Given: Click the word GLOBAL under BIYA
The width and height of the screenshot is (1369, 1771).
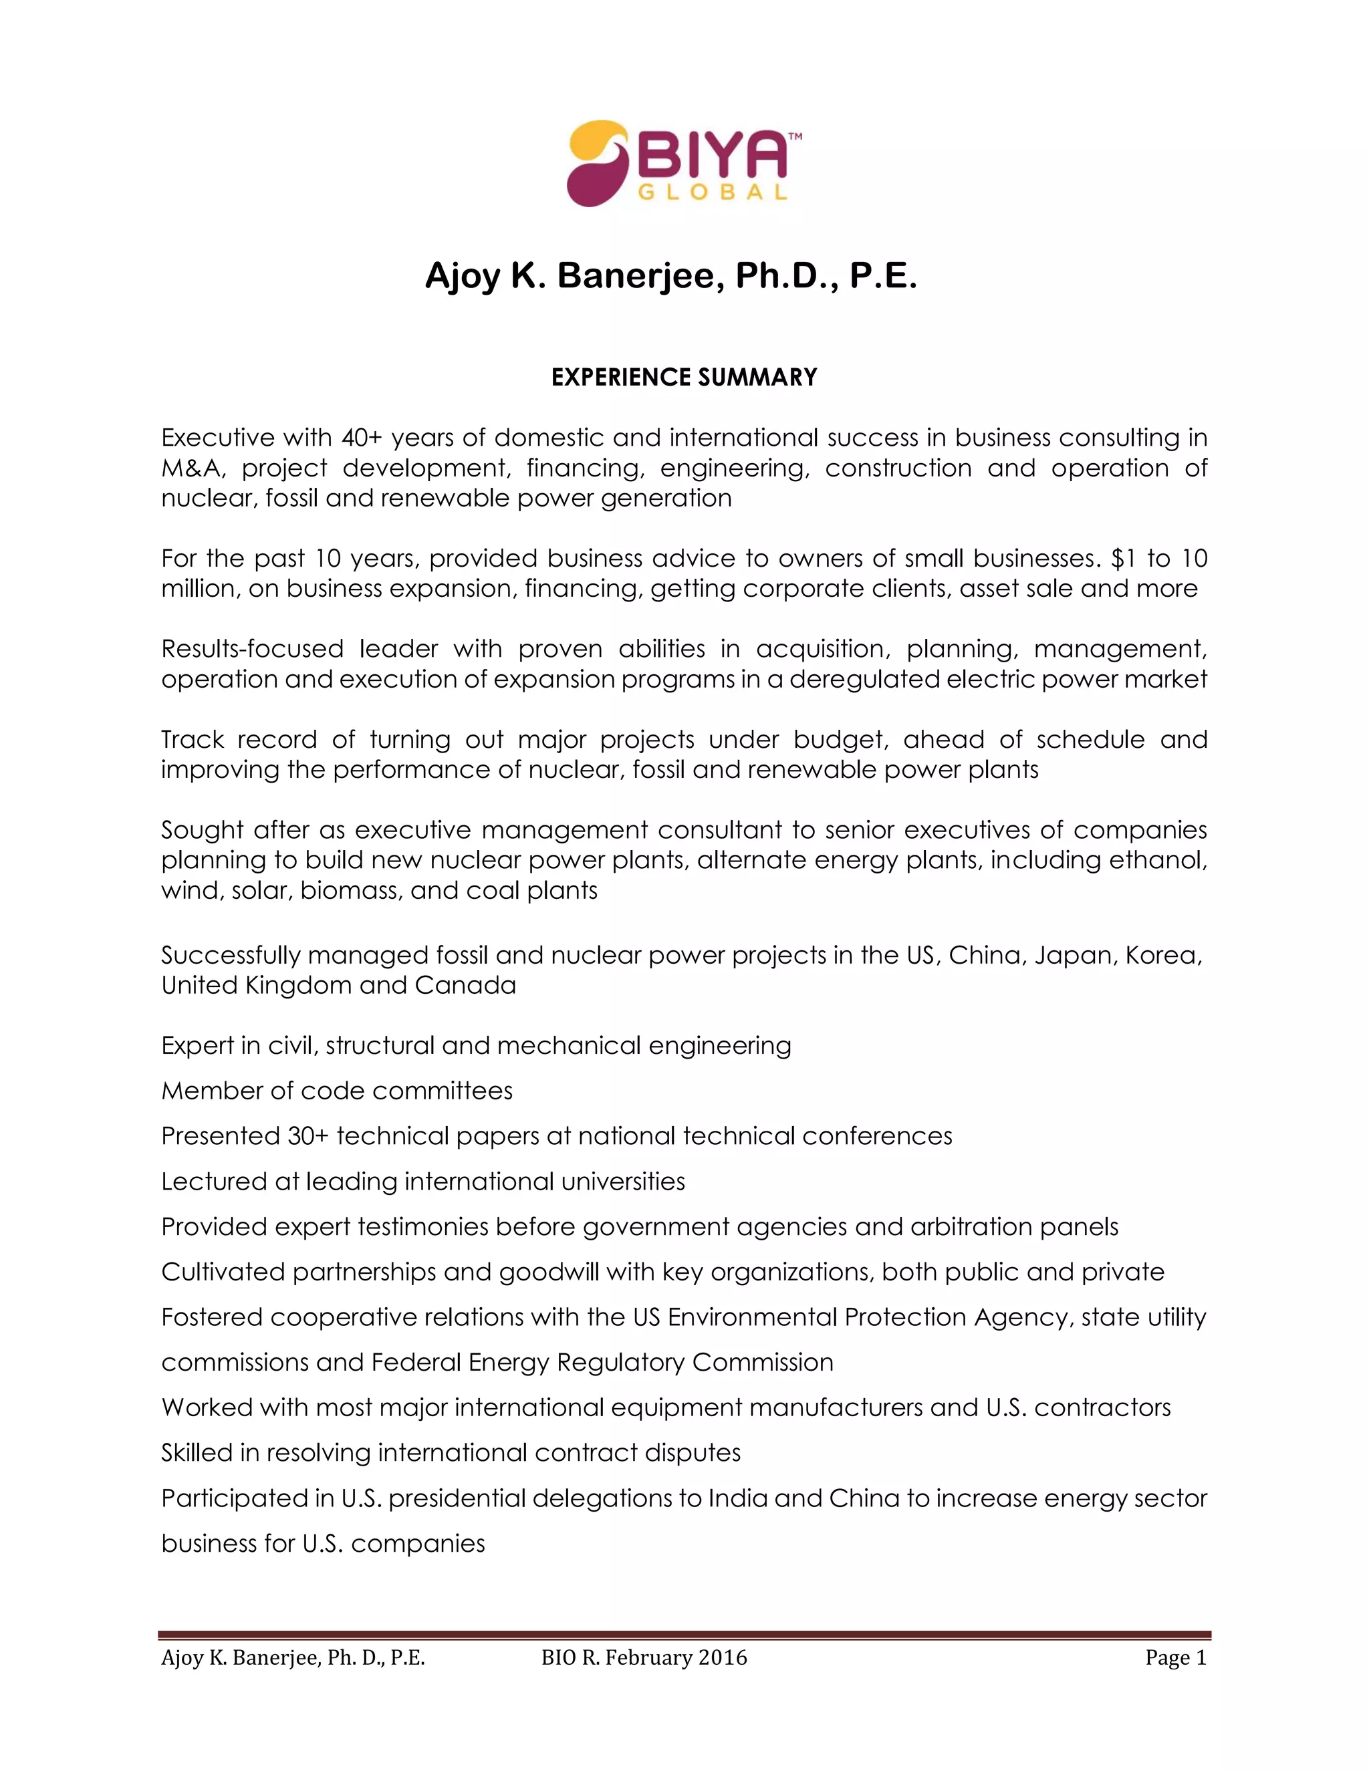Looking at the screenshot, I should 713,193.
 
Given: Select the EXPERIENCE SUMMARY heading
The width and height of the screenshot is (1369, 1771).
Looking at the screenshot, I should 684,377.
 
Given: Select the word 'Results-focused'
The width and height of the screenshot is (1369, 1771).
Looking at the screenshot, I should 251,649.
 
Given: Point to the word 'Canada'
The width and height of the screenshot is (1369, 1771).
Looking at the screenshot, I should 465,985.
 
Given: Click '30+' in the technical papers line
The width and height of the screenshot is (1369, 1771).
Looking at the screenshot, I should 308,1136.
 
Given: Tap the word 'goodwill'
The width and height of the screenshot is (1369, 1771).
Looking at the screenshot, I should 548,1272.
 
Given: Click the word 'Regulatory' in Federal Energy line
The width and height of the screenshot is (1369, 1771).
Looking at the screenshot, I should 620,1362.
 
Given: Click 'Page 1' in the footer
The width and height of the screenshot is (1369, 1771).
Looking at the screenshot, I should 1175,1657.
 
